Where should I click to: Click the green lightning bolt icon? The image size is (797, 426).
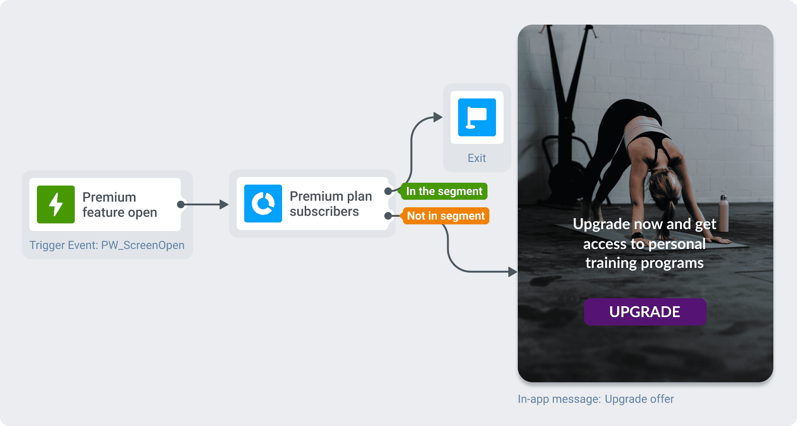tap(56, 204)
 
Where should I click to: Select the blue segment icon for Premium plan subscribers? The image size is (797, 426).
tap(263, 204)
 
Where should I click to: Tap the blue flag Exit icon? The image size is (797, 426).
tap(477, 117)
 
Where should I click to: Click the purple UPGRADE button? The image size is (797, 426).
tap(645, 311)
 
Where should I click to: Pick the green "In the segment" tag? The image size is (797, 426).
tap(444, 191)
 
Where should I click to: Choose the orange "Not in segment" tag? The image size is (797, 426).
tap(445, 216)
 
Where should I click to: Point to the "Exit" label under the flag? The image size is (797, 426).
tap(477, 158)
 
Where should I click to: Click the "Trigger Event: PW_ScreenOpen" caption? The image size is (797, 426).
tap(107, 245)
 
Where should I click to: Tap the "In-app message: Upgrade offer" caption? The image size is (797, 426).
tap(595, 399)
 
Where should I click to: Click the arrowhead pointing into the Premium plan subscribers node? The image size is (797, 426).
tap(224, 204)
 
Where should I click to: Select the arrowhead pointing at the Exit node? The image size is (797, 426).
tap(438, 117)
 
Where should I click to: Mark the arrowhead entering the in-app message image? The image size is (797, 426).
tap(513, 272)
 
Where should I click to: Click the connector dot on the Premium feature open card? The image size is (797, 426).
tap(180, 204)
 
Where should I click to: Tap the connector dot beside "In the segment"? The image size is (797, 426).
tap(388, 191)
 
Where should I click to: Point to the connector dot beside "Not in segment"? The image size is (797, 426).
tap(388, 216)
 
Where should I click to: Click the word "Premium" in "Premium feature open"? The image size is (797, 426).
tap(109, 197)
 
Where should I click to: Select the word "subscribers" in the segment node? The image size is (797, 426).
tap(324, 212)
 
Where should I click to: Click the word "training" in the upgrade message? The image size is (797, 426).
tap(611, 263)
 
